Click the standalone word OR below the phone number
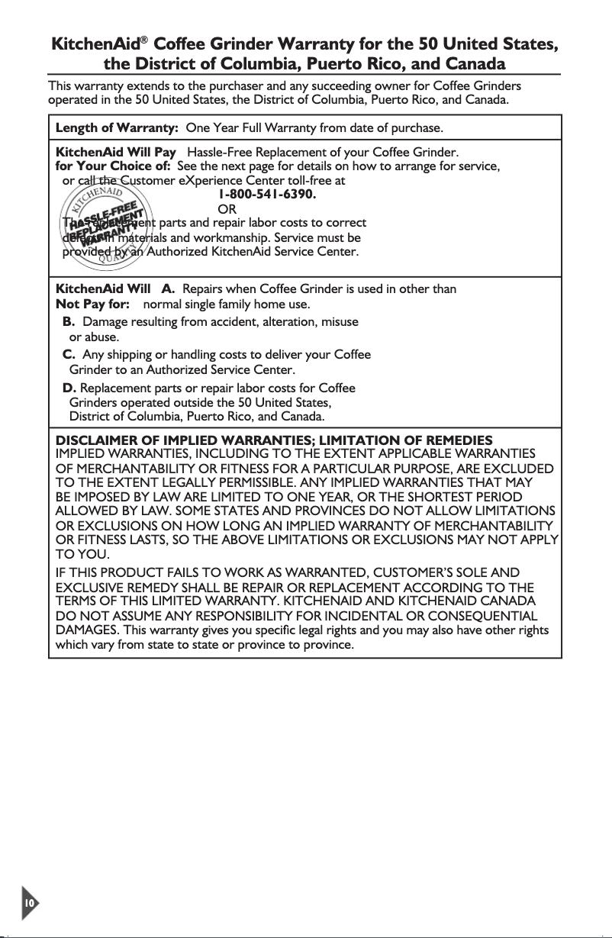click(x=227, y=209)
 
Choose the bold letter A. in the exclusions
click(x=169, y=288)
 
